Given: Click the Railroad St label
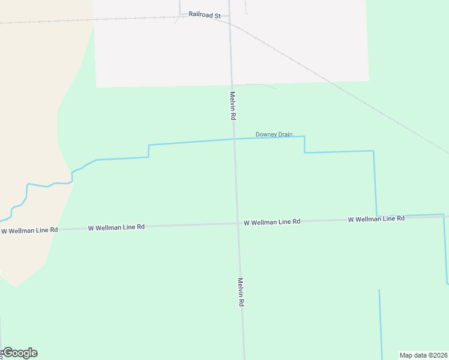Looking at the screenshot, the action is click(205, 14).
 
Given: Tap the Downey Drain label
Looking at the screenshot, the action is click(274, 134).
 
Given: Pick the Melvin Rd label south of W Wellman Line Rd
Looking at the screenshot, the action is click(240, 292).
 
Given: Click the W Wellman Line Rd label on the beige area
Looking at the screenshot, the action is click(29, 230).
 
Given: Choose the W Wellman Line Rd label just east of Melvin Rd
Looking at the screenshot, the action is click(272, 222).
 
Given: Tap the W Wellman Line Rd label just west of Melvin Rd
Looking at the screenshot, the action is click(116, 227).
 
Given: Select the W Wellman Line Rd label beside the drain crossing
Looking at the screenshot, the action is click(376, 219).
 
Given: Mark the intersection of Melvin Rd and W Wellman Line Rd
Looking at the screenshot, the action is click(237, 223).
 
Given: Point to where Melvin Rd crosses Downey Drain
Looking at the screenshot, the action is click(234, 139).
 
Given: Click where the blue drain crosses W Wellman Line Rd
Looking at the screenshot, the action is click(376, 216).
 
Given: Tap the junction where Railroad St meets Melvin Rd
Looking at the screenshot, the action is click(229, 16).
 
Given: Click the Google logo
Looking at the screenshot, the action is click(20, 353).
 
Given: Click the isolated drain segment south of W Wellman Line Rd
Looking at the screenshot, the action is click(380, 324).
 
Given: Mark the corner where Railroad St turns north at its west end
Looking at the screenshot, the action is click(180, 13).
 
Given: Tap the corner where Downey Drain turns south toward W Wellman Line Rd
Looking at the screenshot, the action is click(374, 151).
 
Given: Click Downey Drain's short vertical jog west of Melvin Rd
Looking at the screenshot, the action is click(149, 151).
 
